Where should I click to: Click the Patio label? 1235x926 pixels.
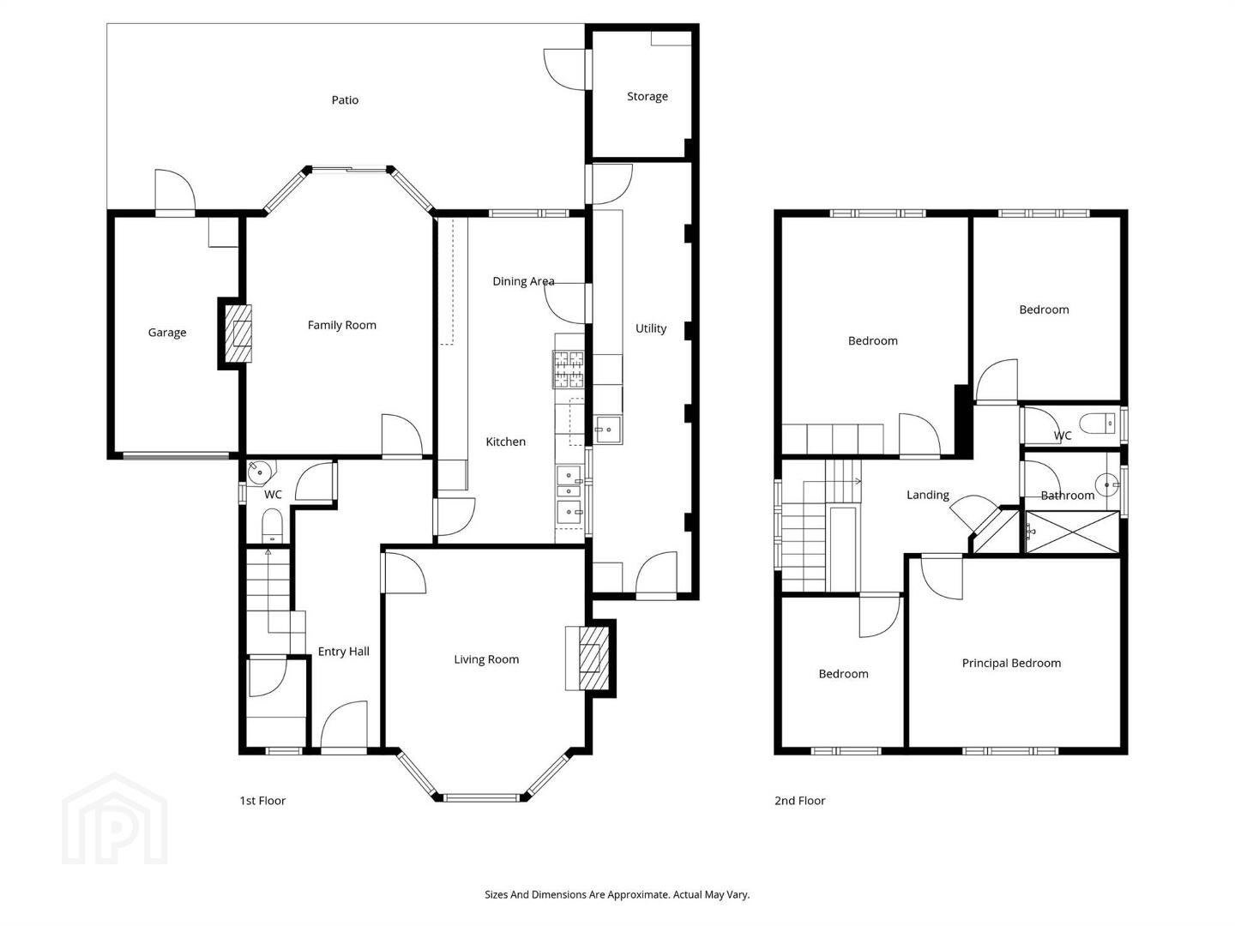pos(344,100)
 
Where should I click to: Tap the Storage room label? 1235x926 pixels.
pos(647,96)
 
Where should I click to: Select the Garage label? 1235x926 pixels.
pos(166,333)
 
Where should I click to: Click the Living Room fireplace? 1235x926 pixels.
pos(593,658)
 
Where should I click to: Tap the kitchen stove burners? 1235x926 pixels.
pos(569,370)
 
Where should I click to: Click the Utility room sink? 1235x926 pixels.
pos(608,430)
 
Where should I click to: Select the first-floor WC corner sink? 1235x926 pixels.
pos(260,472)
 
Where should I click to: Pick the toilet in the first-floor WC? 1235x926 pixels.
pos(272,526)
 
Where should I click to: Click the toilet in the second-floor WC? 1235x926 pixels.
pos(1097,424)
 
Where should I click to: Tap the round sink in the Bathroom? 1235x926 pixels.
pos(1106,484)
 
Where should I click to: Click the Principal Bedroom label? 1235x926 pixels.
pos(1011,664)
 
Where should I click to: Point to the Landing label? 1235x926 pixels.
pos(927,495)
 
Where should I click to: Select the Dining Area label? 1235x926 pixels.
pos(523,281)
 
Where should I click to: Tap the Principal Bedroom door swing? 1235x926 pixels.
pos(942,577)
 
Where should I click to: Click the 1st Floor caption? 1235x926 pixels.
pos(262,801)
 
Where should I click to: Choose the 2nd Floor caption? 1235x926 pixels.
pos(799,801)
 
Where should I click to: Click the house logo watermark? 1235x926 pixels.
pos(115,818)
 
